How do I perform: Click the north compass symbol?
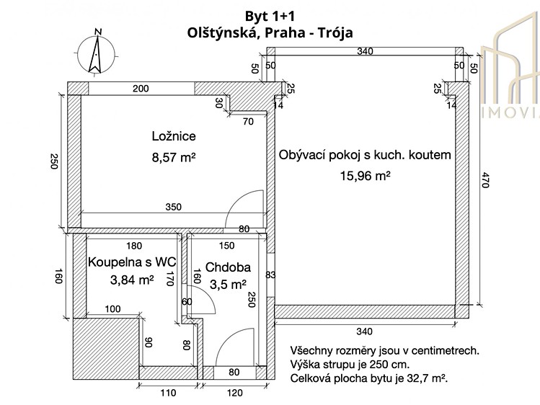[x=96, y=53]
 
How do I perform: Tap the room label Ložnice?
[x=174, y=136]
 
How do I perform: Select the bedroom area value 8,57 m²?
[x=174, y=158]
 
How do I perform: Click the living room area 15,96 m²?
[x=365, y=176]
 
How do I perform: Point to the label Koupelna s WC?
[x=132, y=262]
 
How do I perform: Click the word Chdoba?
[x=228, y=267]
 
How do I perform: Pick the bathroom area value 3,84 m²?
[x=132, y=280]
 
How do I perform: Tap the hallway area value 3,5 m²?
[x=228, y=285]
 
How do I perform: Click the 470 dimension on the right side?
[x=484, y=180]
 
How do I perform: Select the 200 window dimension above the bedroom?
[x=141, y=89]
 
